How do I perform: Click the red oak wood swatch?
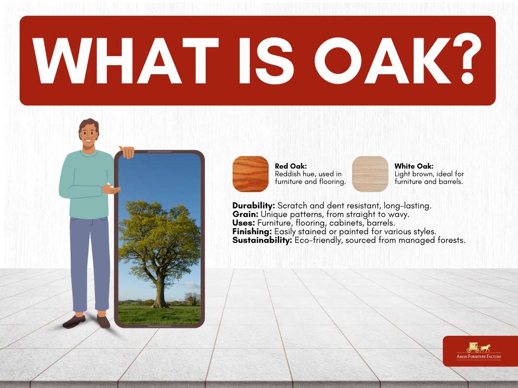[250, 174]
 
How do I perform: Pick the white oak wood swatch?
[370, 174]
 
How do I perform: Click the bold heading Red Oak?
[291, 166]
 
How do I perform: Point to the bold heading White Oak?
[413, 166]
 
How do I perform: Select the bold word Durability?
[253, 205]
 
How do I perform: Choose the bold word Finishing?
[252, 231]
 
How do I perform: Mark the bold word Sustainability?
[262, 240]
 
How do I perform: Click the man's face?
[88, 135]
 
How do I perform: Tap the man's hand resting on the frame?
[127, 152]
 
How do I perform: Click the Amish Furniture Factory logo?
[479, 351]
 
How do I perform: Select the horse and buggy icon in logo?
[479, 347]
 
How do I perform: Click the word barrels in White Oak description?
[451, 182]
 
